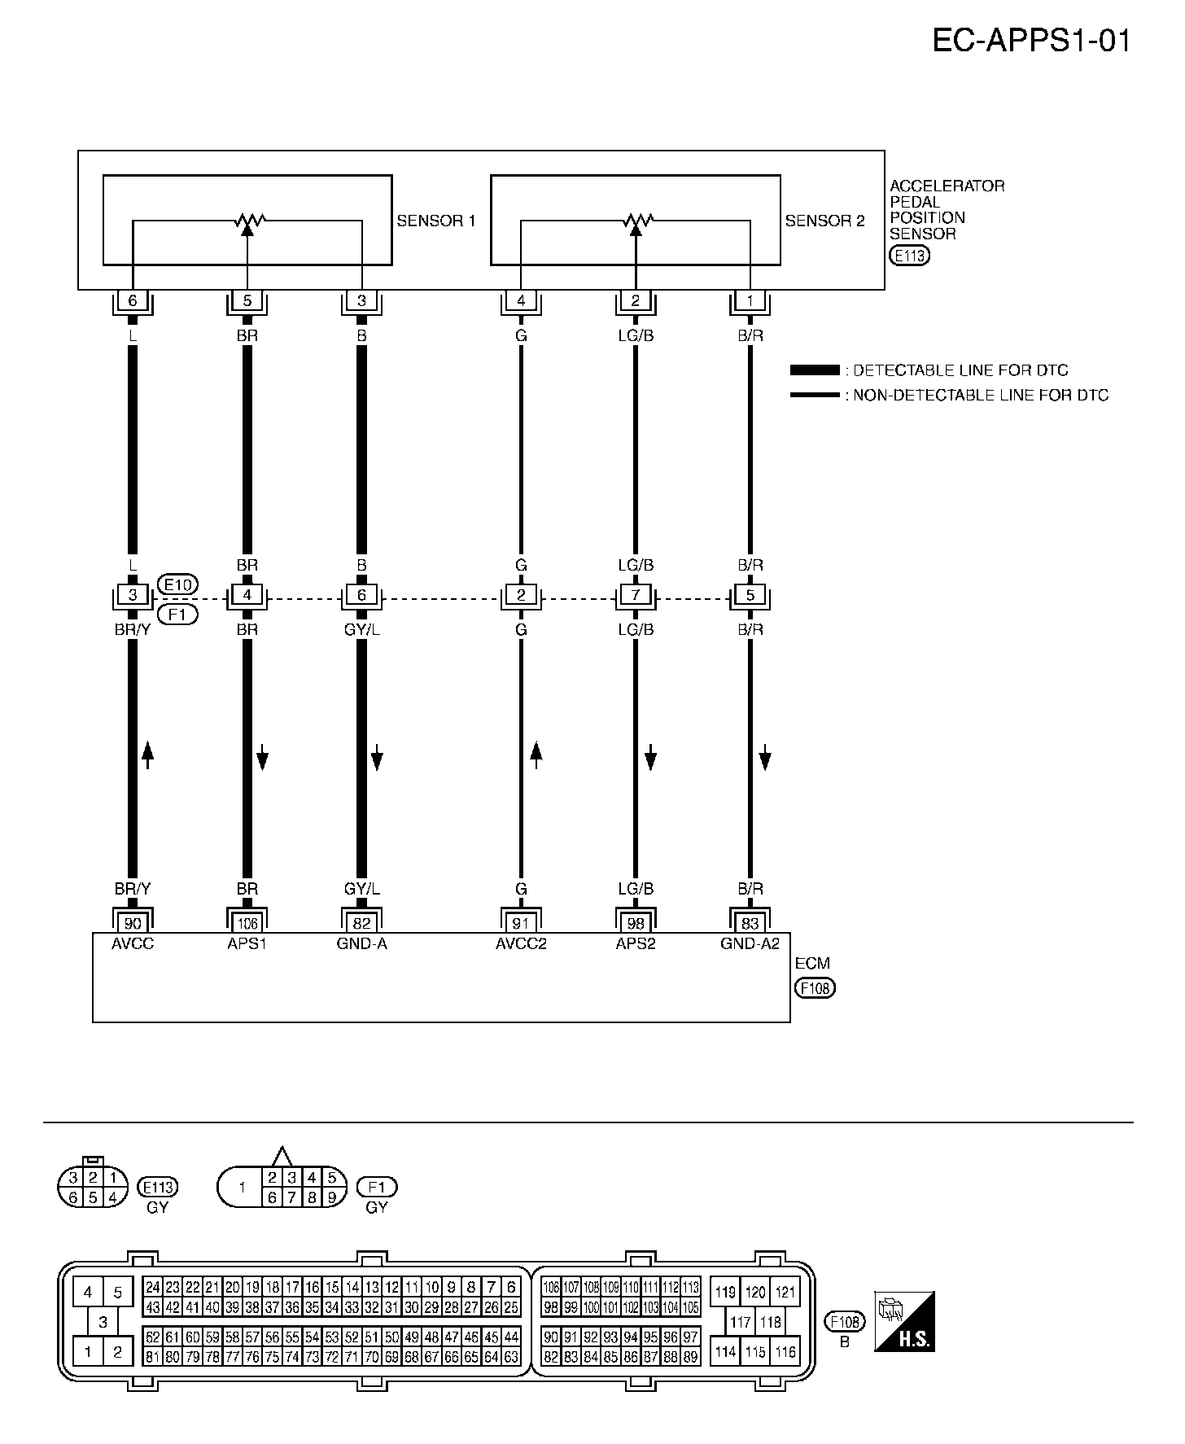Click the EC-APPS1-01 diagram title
click(1031, 40)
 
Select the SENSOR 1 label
click(435, 221)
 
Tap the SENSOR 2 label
click(824, 221)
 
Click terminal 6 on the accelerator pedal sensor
click(133, 301)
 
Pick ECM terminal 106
click(247, 923)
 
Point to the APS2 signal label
click(636, 944)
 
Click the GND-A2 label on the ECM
click(750, 944)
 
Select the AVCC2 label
click(521, 944)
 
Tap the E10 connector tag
click(177, 585)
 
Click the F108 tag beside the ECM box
click(816, 988)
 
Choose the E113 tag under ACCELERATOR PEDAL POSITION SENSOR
click(909, 256)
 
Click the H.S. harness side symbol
click(904, 1321)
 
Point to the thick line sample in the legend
click(814, 370)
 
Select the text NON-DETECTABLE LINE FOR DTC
click(981, 396)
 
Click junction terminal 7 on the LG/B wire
click(636, 595)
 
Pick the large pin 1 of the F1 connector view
click(242, 1188)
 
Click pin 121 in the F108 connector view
click(785, 1292)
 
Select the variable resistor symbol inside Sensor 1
click(247, 220)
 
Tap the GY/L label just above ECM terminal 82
click(361, 890)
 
